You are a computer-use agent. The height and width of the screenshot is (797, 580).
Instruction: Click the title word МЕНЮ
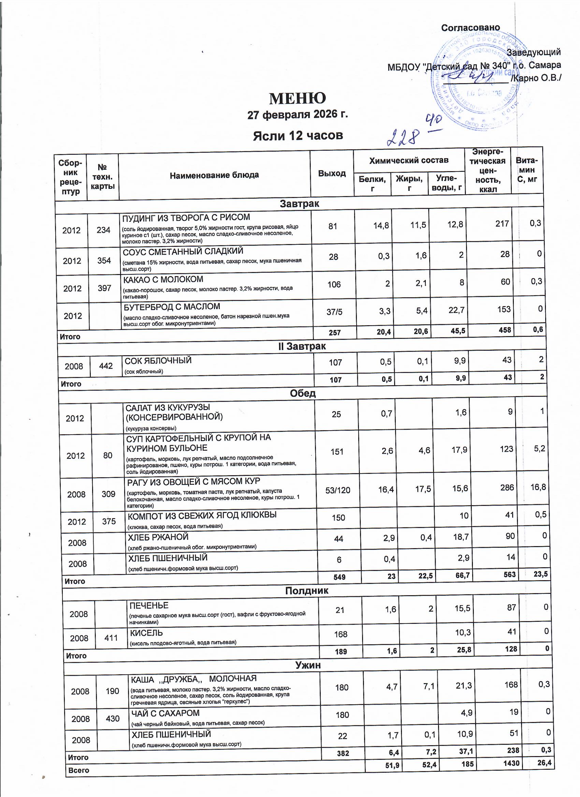coord(298,99)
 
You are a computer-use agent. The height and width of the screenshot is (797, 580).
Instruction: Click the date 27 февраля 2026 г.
coord(298,115)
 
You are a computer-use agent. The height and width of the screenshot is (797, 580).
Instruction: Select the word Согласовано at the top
coord(470,28)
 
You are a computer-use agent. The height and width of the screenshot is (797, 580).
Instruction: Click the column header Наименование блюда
coord(214,175)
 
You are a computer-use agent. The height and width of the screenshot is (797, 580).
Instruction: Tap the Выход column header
coord(332,173)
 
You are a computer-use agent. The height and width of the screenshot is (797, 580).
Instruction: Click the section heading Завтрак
coord(299,204)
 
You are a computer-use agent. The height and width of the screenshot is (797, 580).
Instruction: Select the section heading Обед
coord(303,393)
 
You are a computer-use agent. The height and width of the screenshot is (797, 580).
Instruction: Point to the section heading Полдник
coord(306,591)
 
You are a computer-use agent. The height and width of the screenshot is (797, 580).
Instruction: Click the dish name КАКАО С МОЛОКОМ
coord(163,280)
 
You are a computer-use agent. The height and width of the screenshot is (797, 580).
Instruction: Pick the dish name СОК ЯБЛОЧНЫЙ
coord(158,361)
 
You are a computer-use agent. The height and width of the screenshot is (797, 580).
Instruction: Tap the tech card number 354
coord(104,260)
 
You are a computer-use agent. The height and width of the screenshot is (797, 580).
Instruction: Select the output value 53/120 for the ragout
coord(338,490)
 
